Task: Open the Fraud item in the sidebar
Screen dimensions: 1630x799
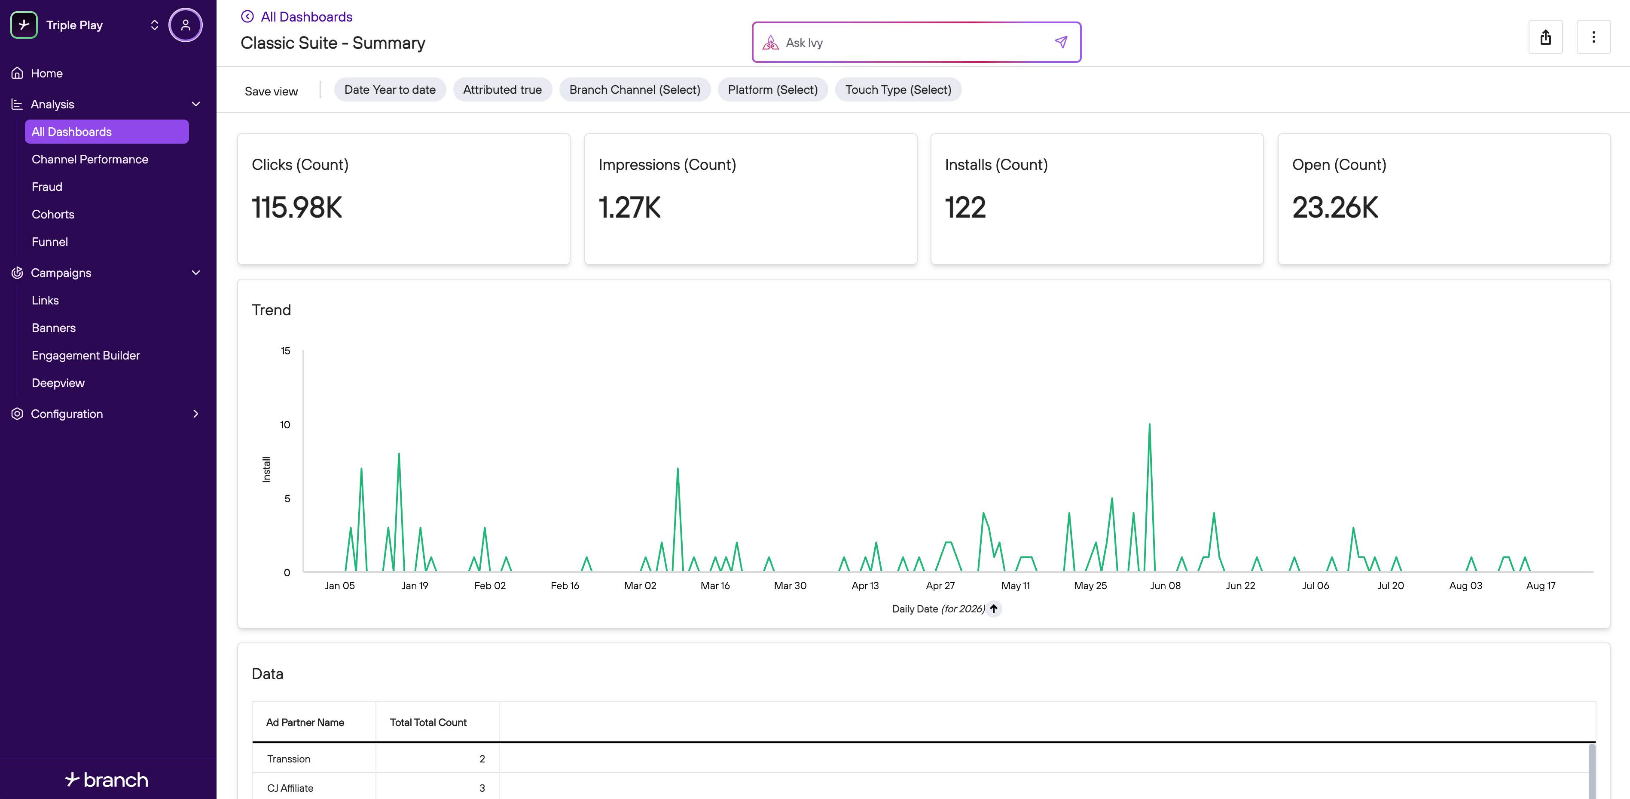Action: click(47, 187)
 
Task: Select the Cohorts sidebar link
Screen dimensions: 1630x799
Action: click(53, 214)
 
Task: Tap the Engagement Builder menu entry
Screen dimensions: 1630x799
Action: click(85, 355)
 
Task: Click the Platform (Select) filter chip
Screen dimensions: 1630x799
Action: click(772, 89)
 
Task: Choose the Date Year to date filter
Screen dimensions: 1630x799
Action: click(390, 89)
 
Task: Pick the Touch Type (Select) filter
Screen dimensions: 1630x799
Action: click(898, 89)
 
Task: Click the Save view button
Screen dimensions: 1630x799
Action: click(271, 91)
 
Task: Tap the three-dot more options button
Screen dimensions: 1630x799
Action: click(1593, 37)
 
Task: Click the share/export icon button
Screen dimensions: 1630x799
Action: click(1545, 37)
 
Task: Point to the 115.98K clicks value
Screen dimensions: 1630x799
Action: click(297, 208)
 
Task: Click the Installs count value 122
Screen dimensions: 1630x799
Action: click(965, 208)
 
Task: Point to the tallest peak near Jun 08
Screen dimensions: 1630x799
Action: click(1149, 424)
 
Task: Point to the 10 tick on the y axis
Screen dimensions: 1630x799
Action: click(285, 425)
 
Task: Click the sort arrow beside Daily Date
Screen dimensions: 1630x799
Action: click(994, 608)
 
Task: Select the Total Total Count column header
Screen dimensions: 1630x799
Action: click(428, 722)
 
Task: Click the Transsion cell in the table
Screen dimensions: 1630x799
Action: click(289, 759)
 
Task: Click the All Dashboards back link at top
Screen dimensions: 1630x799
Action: click(306, 16)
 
